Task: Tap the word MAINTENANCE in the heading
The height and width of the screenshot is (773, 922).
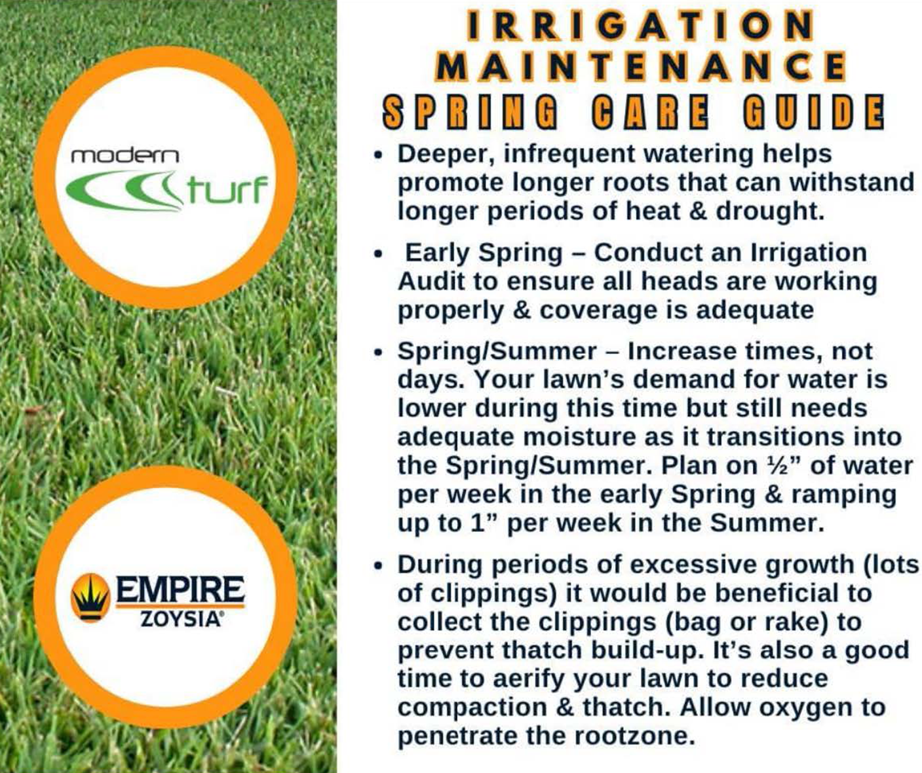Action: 641,66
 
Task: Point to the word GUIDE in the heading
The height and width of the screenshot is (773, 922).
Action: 813,111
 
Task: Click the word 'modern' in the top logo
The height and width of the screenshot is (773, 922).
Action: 125,155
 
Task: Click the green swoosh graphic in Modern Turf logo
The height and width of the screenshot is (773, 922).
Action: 125,190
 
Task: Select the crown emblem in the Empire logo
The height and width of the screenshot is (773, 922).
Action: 90,597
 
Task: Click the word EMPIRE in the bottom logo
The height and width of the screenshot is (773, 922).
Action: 180,589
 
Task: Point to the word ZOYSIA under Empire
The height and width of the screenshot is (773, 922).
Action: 180,619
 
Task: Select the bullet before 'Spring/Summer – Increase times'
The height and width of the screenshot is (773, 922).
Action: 377,352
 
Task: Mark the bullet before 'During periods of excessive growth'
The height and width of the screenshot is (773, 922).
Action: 377,566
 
